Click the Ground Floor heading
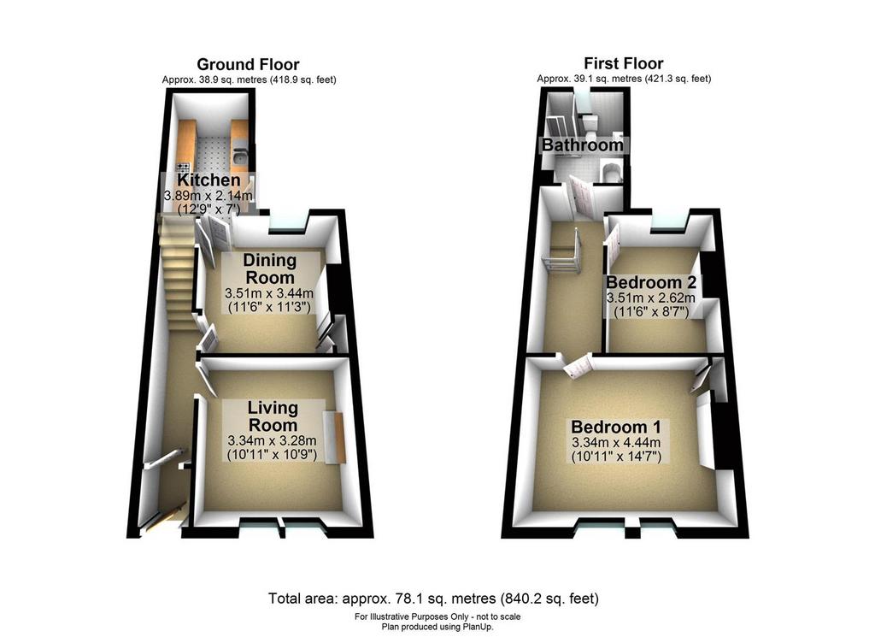[248, 64]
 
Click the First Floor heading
[623, 63]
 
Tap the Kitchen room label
[208, 180]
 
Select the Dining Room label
[270, 268]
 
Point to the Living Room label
[273, 416]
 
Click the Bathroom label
[583, 145]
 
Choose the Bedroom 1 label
[616, 427]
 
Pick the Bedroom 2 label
[650, 281]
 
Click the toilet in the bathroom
[590, 124]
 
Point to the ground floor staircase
[179, 274]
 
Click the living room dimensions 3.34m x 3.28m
[273, 440]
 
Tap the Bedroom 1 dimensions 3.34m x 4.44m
[616, 442]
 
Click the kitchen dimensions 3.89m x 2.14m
[208, 196]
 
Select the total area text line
[433, 599]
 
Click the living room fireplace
[333, 437]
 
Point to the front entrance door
[166, 516]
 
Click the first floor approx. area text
[624, 79]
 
